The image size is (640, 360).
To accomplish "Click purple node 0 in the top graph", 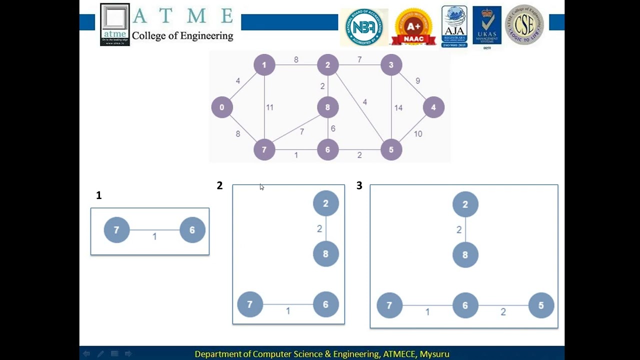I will tap(222, 107).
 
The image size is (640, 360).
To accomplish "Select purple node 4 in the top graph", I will tap(433, 107).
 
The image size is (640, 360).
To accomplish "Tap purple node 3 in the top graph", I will tap(391, 65).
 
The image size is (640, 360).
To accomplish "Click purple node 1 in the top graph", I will tap(264, 65).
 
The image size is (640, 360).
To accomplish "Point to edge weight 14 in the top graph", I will tap(398, 107).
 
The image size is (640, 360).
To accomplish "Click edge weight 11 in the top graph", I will tap(269, 107).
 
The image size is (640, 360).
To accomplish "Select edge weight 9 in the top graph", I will tap(417, 81).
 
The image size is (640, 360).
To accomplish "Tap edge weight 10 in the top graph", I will tap(417, 134).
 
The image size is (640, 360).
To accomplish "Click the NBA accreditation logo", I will tap(364, 27).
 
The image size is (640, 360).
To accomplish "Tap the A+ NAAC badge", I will tap(413, 27).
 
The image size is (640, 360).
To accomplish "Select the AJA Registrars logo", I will tap(454, 26).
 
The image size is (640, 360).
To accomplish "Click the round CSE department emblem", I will tap(524, 25).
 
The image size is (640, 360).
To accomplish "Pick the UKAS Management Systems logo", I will tap(487, 26).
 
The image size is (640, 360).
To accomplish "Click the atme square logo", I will tap(115, 24).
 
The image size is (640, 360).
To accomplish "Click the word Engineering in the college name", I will tap(208, 36).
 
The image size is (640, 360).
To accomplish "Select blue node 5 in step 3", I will tap(541, 305).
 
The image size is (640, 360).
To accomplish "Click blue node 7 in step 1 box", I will tap(116, 230).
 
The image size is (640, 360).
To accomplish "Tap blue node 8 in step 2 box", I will tap(325, 254).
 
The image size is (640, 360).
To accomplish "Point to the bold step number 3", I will tap(359, 186).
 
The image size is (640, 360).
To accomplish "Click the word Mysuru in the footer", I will tap(434, 354).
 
